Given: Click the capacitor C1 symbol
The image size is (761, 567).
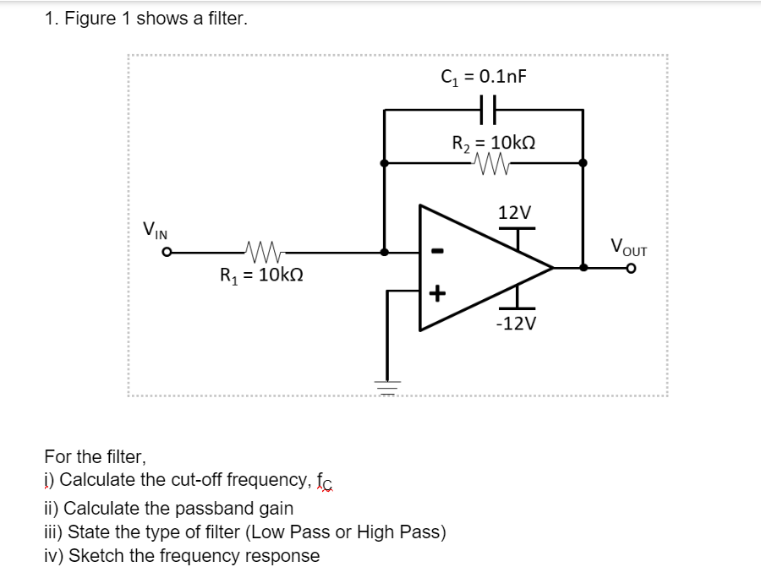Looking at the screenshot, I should pos(483,109).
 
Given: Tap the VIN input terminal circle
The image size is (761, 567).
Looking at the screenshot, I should pos(168,252).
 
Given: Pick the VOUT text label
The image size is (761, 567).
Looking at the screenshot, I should pos(628,248).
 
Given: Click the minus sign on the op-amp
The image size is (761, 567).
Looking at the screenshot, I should pos(436,251).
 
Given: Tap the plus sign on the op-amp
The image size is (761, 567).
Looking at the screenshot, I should pos(436,294).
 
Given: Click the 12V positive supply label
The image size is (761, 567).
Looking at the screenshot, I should pos(514,212).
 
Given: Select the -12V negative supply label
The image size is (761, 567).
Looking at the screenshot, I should pos(516,324).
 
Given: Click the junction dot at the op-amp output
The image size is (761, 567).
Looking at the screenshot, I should pos(583,267).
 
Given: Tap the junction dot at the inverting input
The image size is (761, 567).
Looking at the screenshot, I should pos(385,251).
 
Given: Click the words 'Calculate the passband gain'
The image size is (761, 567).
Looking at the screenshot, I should pos(178,509).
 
